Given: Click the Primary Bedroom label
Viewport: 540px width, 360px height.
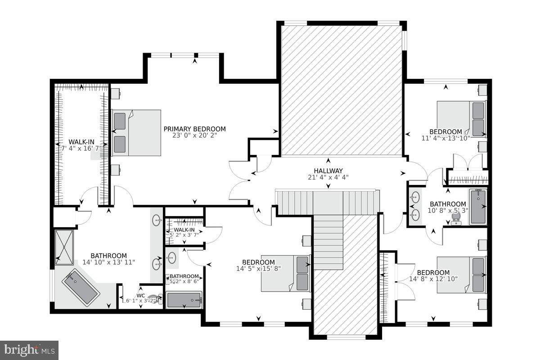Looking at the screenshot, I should (x=194, y=129).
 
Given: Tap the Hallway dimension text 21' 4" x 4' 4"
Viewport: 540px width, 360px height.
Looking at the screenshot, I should (x=328, y=177).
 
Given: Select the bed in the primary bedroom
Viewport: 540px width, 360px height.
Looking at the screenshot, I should (x=136, y=133).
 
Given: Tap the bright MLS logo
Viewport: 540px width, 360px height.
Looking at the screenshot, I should (x=29, y=350).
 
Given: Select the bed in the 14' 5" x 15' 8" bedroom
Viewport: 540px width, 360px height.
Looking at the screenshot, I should (x=286, y=274).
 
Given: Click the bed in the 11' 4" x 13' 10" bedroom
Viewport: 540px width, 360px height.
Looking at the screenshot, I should (x=461, y=119).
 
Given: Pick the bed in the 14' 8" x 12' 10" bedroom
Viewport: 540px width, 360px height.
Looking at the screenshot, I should (x=461, y=274).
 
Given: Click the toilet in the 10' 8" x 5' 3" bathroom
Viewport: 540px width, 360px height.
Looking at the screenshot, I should (x=456, y=218).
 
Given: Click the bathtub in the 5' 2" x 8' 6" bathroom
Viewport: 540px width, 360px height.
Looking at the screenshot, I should (x=184, y=300).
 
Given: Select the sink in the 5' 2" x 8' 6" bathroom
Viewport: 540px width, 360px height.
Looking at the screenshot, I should (x=171, y=258).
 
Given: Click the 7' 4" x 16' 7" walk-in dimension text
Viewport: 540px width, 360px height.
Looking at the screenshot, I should (x=81, y=148).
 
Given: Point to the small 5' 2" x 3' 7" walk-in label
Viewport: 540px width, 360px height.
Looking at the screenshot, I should (x=184, y=230).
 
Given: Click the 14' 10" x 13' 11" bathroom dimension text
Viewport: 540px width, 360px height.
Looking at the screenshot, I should (x=108, y=262).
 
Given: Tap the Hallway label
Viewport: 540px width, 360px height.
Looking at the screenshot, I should (x=328, y=171).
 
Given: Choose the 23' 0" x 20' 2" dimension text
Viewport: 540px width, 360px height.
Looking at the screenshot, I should (x=194, y=135).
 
